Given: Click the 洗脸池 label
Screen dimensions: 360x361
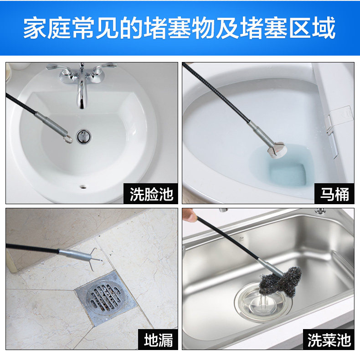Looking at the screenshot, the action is tap(151, 194).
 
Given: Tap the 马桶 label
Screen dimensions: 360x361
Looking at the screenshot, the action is tap(334, 194).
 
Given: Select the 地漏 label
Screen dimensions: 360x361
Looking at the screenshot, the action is tap(159, 340).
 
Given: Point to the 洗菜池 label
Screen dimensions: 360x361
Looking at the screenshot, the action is tap(329, 340).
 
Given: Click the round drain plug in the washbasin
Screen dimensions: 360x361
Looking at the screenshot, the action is tap(83, 137).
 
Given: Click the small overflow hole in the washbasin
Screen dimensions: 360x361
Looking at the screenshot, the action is tap(83, 186).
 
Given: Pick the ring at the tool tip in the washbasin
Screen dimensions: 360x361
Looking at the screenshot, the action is tap(68, 139).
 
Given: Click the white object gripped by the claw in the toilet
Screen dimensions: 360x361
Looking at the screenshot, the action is tap(277, 150).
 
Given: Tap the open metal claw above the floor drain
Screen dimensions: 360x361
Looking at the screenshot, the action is tap(93, 259).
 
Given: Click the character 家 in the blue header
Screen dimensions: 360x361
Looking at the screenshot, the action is tap(35, 28).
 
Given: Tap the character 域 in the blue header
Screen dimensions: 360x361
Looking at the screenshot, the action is tap(324, 28).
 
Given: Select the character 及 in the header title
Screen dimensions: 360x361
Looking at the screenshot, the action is tap(227, 28).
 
